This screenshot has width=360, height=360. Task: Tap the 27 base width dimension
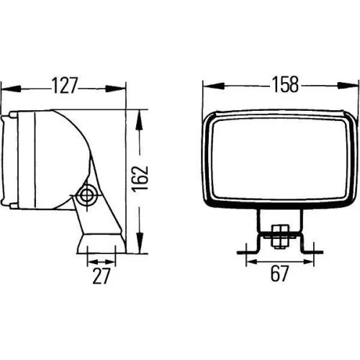(x=100, y=274)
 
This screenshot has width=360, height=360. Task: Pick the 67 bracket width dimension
(x=279, y=274)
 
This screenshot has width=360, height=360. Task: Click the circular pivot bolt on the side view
(x=88, y=194)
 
